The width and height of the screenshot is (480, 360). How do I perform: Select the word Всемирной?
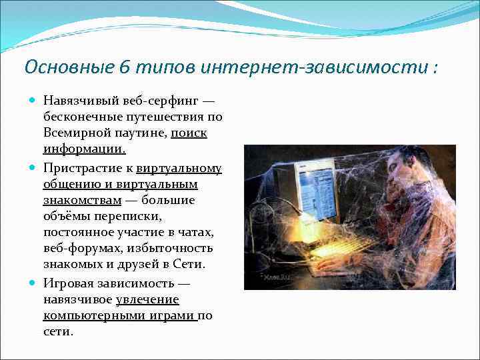pyautogui.click(x=75, y=133)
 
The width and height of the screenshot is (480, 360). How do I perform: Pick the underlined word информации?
pyautogui.click(x=84, y=149)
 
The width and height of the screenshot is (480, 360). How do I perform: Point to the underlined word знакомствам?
pyautogui.click(x=83, y=199)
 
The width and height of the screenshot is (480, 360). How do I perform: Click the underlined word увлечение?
pyautogui.click(x=147, y=299)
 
